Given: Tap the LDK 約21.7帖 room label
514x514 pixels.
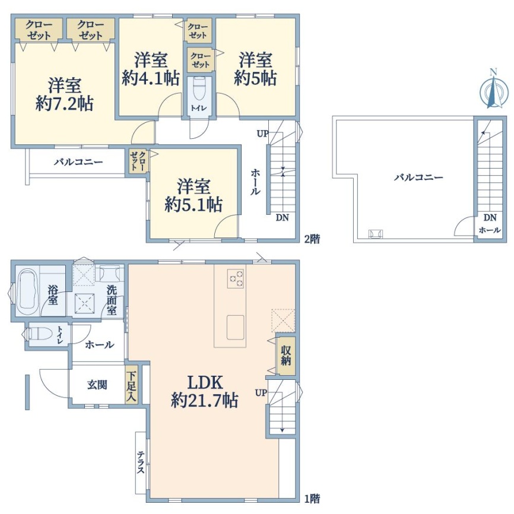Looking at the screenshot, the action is tap(205, 391).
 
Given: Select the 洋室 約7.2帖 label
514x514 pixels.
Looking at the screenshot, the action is tap(65, 95).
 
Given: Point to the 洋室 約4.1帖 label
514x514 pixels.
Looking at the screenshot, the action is tap(151, 69).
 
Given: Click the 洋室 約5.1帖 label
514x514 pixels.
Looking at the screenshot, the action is tap(193, 195).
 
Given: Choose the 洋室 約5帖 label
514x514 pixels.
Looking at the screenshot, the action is tap(255, 69).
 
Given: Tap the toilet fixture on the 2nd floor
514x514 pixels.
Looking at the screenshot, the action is tap(199, 88).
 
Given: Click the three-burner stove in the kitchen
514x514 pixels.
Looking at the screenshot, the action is tap(236, 278).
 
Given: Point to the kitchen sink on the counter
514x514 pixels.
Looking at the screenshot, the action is tap(235, 328).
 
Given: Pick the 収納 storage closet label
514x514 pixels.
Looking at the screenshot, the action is tap(286, 356).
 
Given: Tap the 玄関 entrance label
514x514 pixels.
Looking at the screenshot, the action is tap(97, 385).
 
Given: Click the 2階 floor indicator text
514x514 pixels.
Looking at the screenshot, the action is tap(312, 239).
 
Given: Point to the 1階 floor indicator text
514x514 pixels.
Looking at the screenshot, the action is tap(312, 499).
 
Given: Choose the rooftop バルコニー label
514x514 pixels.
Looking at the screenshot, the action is tap(418, 177).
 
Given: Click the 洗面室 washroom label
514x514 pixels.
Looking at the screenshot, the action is tap(112, 300).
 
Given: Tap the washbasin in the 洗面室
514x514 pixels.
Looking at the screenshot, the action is tap(109, 273).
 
